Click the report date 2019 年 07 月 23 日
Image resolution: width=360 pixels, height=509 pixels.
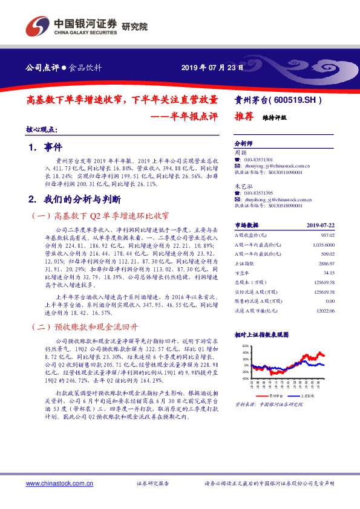(x=212, y=67)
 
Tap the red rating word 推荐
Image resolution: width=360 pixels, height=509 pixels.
(x=243, y=118)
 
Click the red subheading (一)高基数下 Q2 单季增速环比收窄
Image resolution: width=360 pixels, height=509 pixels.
(x=99, y=215)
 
